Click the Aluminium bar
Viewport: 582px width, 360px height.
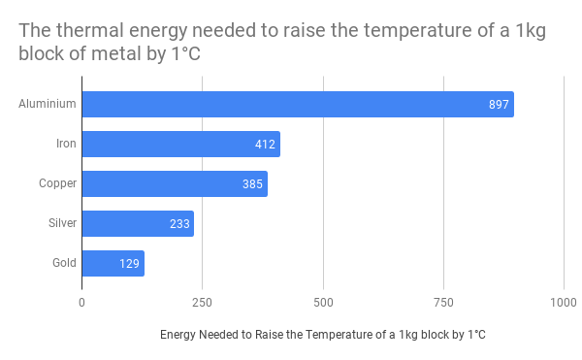(297, 105)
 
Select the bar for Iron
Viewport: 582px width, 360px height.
(180, 145)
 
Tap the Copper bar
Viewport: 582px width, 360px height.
(174, 184)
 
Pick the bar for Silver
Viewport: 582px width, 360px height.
(137, 224)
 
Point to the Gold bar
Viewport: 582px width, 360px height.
(113, 264)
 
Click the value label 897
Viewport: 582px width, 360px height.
(499, 105)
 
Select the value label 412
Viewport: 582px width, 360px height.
(265, 145)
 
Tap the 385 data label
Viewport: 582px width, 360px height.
(252, 184)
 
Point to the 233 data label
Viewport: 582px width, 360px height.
(179, 224)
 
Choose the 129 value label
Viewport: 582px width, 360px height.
(129, 264)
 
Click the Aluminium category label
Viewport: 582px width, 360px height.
(48, 105)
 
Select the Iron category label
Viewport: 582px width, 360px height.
(66, 145)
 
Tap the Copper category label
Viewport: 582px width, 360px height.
(57, 184)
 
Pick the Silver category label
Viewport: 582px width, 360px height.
(62, 224)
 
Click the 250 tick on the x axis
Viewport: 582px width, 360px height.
(202, 302)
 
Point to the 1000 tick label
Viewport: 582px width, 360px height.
(564, 302)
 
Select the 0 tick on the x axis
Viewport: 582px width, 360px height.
(81, 302)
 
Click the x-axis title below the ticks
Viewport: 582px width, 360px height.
(322, 335)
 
